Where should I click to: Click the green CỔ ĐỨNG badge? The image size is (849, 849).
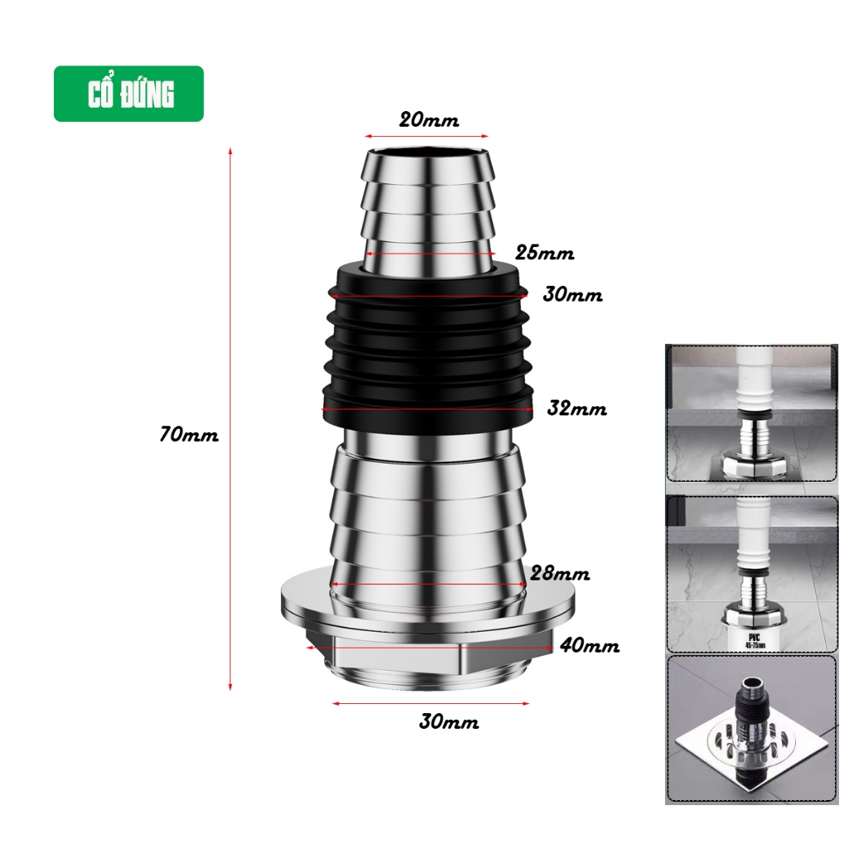pos(129,94)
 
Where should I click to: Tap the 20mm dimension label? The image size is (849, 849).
pos(429,119)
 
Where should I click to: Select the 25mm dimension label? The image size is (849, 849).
pos(544,253)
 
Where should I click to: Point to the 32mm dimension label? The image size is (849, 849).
pos(577,408)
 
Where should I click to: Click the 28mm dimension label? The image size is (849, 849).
pos(560,574)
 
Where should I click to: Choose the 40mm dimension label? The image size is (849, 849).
pos(589,645)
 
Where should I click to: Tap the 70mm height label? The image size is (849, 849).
pos(189,434)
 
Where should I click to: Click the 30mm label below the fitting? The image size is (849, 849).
pos(449,722)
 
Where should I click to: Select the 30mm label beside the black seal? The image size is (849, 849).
pos(572,294)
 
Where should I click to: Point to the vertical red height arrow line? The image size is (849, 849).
pos(230,419)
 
